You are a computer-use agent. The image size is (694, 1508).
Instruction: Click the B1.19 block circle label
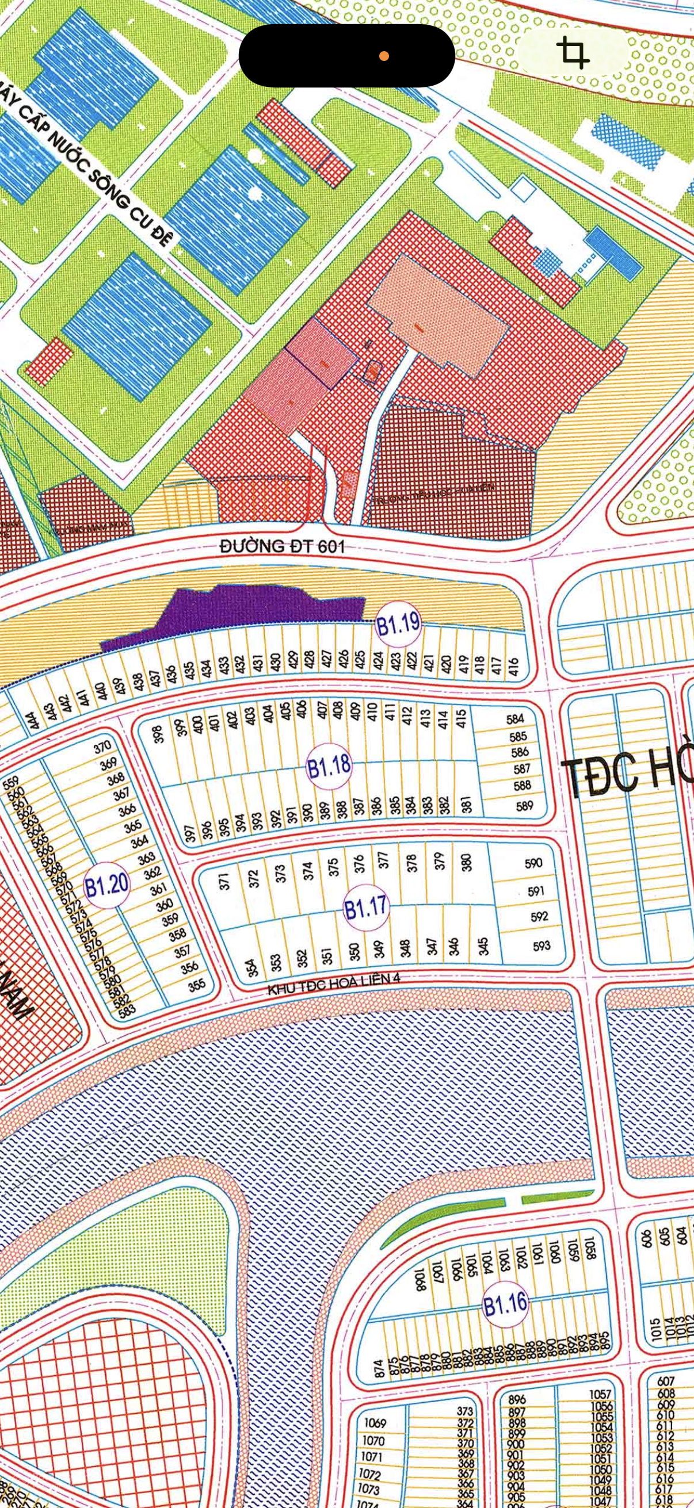pos(398,624)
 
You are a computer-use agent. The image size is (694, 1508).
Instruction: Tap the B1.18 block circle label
pos(330,766)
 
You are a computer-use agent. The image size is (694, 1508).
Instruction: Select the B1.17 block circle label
pos(366,908)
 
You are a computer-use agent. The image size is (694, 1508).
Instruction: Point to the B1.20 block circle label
pos(106,885)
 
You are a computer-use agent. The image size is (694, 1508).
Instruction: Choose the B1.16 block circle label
pos(505,1304)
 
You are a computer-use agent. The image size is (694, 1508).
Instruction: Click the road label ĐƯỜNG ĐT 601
pos(282,546)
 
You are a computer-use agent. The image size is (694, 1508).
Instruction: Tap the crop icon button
pos(573,53)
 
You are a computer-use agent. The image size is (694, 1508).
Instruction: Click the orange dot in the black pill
pos(384,56)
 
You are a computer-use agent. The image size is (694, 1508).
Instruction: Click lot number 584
pos(516,719)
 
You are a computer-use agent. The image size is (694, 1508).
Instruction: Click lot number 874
pos(378,1369)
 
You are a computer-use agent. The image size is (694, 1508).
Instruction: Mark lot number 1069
pos(375,1423)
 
